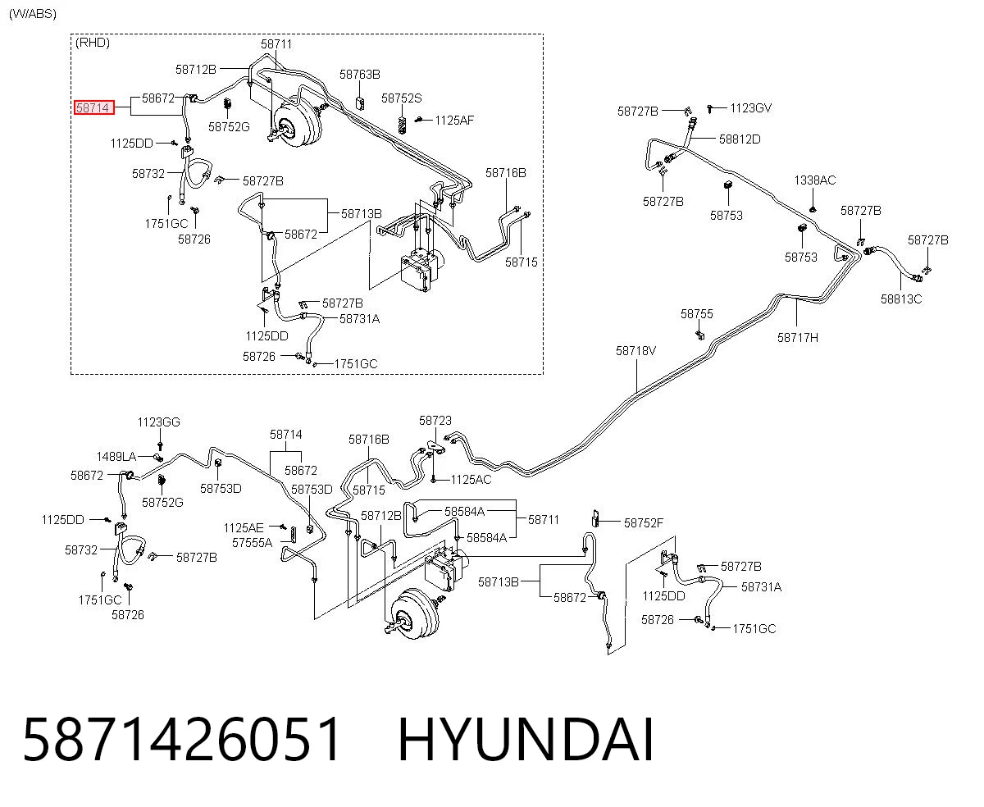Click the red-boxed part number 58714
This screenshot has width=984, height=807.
coord(93,107)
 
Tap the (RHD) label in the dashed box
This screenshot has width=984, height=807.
coord(93,43)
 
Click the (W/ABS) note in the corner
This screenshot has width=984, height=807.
coord(33,14)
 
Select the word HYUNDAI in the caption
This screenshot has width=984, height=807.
coord(526,741)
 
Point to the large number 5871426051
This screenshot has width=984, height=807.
coord(182,741)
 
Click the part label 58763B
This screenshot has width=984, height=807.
coord(359,74)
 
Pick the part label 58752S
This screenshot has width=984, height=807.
coord(401,98)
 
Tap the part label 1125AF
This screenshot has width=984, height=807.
coord(454,121)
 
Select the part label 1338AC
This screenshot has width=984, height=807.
coord(814,180)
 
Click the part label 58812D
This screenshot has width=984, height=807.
coord(740,139)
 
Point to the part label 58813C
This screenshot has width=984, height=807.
coord(901,299)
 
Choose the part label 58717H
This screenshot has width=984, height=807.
coord(797,337)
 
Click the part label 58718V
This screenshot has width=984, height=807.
coord(635,350)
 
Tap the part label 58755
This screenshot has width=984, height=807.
coord(697,313)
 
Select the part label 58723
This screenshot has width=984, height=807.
coord(435,421)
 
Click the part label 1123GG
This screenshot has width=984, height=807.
coord(158,422)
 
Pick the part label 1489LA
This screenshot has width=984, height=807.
coord(116,457)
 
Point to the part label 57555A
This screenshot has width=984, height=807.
coord(252,543)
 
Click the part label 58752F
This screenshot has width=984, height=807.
coord(644,523)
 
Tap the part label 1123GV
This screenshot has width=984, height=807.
coord(751,108)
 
